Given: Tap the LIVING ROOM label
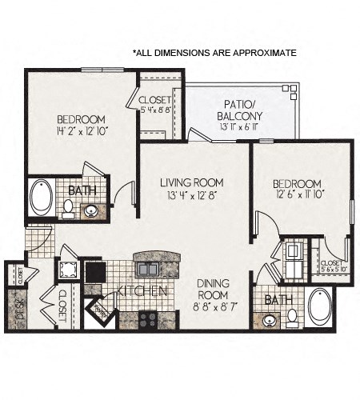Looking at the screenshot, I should (190, 182).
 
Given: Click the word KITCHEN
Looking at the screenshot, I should (142, 290).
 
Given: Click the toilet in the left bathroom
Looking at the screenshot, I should (68, 207).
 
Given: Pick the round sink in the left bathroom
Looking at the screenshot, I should (91, 211).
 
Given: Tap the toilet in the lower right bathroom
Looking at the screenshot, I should (292, 318).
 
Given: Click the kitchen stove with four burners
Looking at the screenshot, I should (147, 319).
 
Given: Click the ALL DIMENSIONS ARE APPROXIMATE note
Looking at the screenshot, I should (214, 53).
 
